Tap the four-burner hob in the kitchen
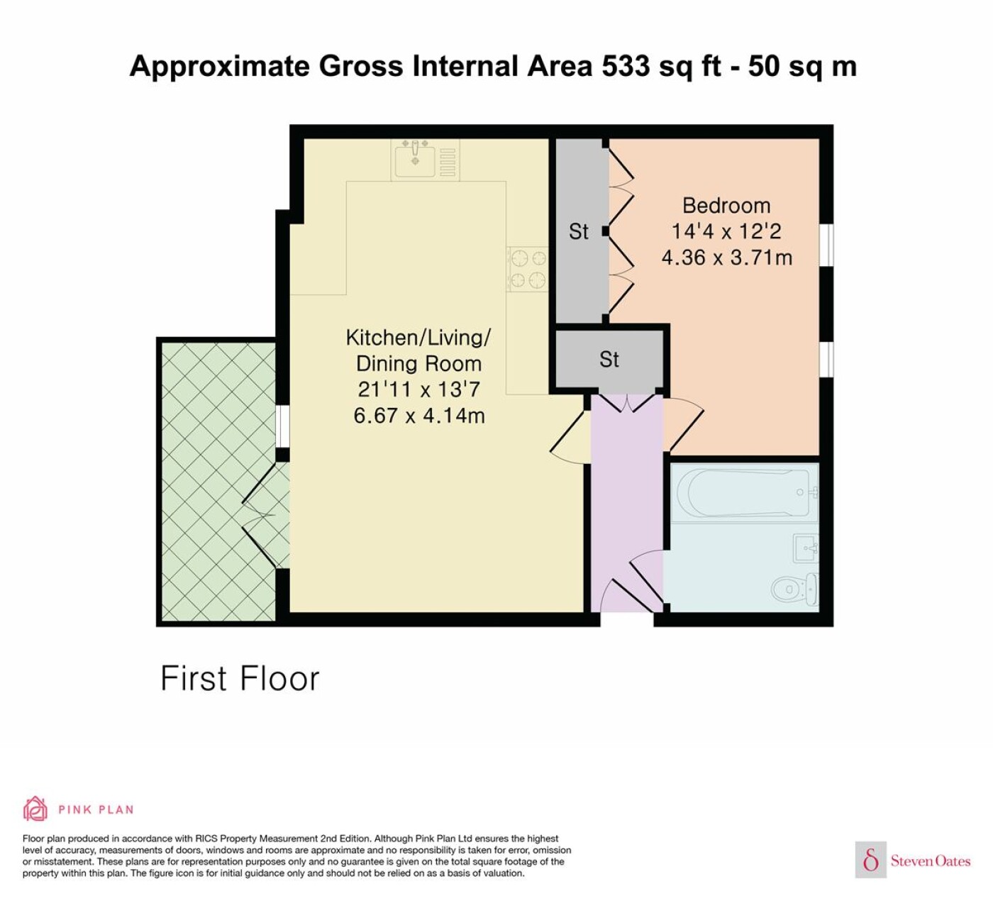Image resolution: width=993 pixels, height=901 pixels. pyautogui.click(x=528, y=269)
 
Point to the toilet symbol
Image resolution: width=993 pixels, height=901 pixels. pyautogui.click(x=795, y=589)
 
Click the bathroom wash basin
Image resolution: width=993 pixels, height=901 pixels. pyautogui.click(x=805, y=548)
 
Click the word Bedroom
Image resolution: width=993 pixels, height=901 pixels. pyautogui.click(x=726, y=206)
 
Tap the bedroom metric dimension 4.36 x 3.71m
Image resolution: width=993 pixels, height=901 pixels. pyautogui.click(x=727, y=258)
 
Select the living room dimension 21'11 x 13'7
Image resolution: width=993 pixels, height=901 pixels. pyautogui.click(x=418, y=389)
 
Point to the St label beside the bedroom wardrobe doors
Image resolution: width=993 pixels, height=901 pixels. pyautogui.click(x=579, y=231)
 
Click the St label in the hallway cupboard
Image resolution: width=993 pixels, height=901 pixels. pyautogui.click(x=609, y=360)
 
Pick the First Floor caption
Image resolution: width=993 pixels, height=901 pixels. pyautogui.click(x=240, y=679)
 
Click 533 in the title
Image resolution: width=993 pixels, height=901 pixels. pyautogui.click(x=626, y=66)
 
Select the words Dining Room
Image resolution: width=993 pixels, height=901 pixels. pyautogui.click(x=418, y=364)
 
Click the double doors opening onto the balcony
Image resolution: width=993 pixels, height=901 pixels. pyautogui.click(x=265, y=515)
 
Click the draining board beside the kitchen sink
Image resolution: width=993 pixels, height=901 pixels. pyautogui.click(x=448, y=162)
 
